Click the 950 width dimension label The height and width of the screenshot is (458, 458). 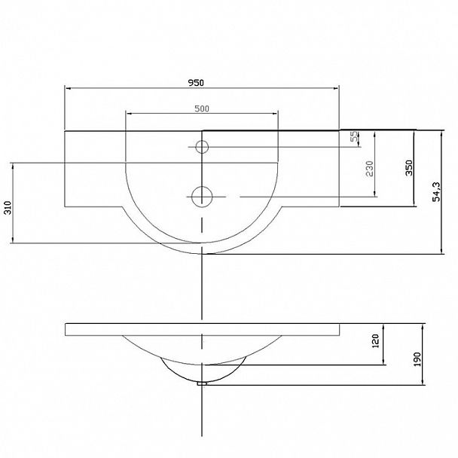click(196, 83)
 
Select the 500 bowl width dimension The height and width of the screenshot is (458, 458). click(202, 108)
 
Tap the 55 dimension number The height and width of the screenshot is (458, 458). click(354, 136)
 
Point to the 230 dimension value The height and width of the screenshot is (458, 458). click(370, 169)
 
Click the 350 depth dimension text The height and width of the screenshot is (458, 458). click(409, 168)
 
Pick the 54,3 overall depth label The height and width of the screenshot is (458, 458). click(436, 191)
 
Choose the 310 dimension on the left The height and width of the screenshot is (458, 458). click(8, 208)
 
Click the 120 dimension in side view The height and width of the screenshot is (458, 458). click(375, 341)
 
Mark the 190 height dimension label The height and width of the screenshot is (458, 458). click(417, 359)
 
